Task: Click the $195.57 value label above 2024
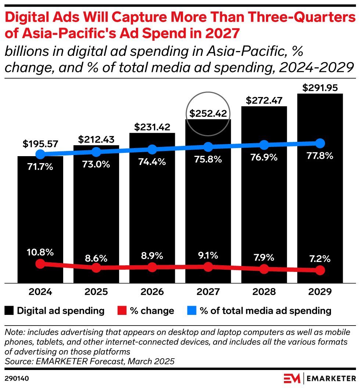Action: [40, 144]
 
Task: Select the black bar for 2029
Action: [320, 206]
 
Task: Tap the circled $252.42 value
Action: [208, 113]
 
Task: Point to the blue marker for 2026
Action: [152, 150]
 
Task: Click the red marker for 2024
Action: [40, 263]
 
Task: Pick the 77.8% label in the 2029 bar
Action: [320, 156]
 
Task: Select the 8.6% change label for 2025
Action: [96, 258]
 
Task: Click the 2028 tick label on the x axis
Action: [264, 292]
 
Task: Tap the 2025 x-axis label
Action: [96, 292]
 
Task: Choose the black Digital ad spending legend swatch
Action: [10, 311]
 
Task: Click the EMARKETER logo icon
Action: [292, 378]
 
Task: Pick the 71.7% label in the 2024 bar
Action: [40, 167]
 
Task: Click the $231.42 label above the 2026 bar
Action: [152, 127]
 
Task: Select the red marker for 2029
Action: [320, 270]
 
